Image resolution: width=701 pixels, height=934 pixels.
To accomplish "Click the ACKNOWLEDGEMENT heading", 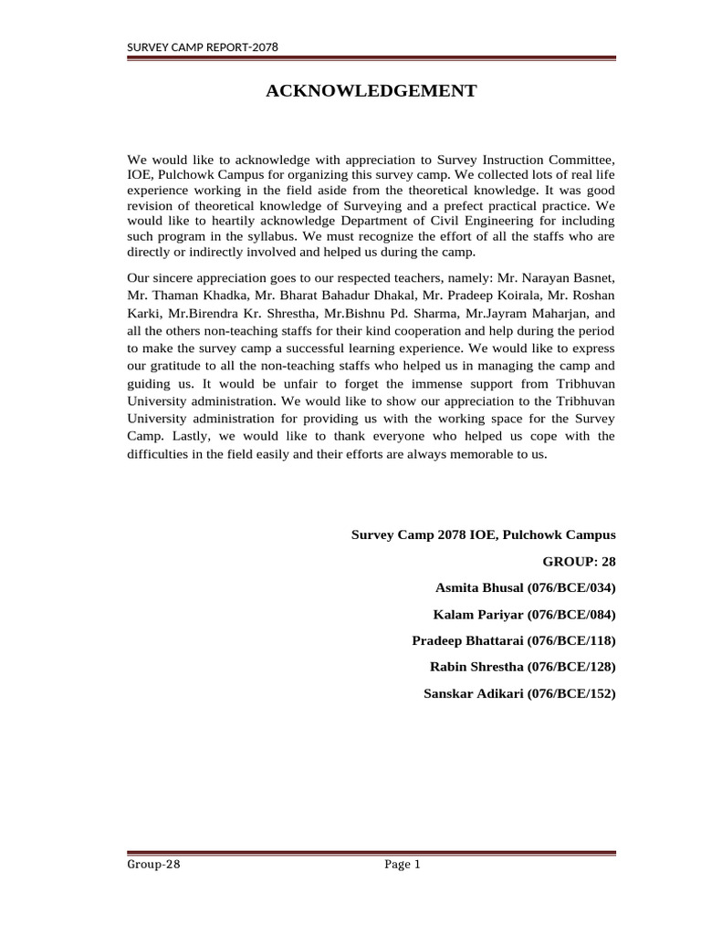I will [371, 90].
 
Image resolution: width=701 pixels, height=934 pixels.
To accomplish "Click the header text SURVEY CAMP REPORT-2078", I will [202, 47].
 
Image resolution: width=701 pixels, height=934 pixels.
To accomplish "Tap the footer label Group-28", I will [154, 867].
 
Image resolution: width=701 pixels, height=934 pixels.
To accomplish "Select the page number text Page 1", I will [402, 867].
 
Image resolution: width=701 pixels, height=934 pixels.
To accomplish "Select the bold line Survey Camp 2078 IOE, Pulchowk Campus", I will [484, 535].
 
